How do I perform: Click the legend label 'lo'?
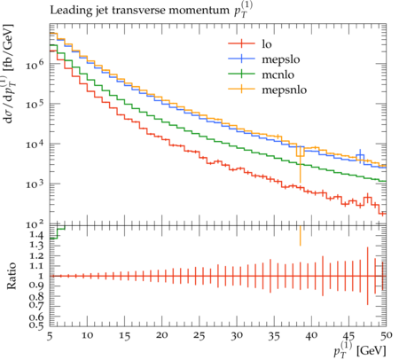(267, 44)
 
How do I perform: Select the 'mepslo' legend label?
(281, 59)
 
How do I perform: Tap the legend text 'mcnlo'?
(278, 74)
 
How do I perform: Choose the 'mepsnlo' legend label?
(285, 90)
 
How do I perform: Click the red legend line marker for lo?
(241, 43)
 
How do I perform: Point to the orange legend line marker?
(241, 89)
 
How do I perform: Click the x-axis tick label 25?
(199, 336)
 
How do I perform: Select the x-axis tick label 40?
(311, 336)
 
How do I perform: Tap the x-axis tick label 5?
(50, 336)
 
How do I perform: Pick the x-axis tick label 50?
(387, 335)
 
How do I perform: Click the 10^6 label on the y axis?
(35, 64)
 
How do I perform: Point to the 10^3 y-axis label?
(35, 184)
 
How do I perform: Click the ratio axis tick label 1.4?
(37, 235)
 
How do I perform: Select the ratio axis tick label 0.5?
(37, 325)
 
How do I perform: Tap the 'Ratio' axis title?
(12, 276)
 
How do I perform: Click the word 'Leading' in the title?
(66, 11)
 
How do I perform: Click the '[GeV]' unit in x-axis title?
(372, 351)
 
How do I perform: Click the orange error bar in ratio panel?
(300, 236)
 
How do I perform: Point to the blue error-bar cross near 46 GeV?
(360, 156)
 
